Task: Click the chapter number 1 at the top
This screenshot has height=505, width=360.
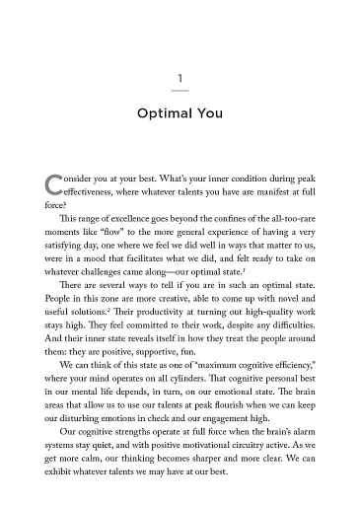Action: click(x=180, y=77)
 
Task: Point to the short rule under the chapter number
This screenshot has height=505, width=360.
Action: click(x=180, y=92)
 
